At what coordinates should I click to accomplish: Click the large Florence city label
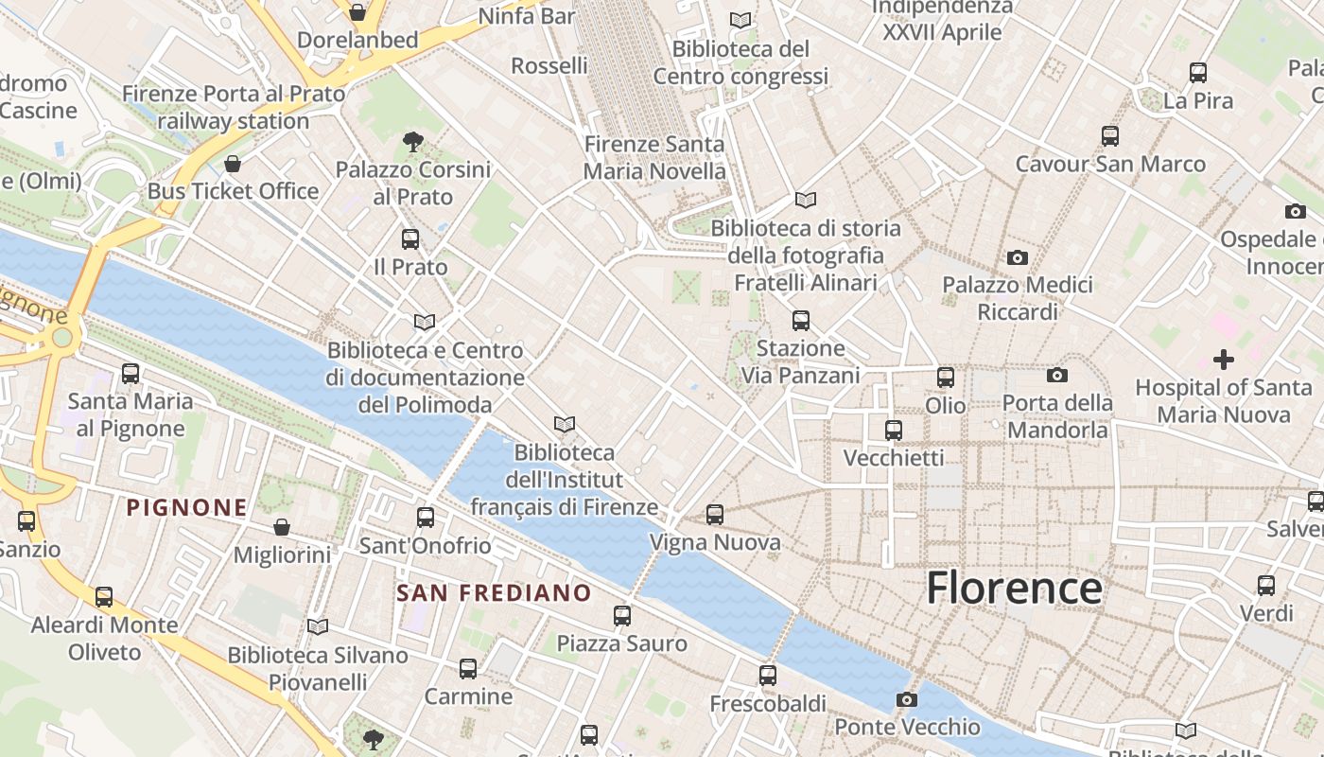[1014, 588]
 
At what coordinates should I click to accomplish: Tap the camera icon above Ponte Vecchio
[907, 700]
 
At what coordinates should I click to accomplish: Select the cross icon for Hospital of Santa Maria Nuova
[1224, 360]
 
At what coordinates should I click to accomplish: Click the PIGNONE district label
[187, 508]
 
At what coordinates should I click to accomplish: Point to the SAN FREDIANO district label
[494, 593]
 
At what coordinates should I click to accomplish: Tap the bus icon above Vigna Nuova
[715, 515]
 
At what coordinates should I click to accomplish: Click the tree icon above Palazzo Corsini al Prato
[412, 143]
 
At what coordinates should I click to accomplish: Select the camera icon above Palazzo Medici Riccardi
[1018, 257]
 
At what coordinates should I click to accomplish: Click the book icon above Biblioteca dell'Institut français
[565, 425]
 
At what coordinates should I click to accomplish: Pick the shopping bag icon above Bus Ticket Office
[233, 165]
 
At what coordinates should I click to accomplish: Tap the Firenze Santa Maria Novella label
[654, 158]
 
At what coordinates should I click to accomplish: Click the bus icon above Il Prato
[410, 239]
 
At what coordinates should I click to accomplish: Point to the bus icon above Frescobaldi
[768, 676]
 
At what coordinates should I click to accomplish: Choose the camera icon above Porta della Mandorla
[1057, 376]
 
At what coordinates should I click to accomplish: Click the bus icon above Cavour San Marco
[1110, 136]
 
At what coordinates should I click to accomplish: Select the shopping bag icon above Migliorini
[281, 527]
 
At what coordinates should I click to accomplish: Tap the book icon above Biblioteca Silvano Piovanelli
[318, 626]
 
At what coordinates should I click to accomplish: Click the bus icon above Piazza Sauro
[622, 616]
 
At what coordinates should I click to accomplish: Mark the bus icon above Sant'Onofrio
[426, 518]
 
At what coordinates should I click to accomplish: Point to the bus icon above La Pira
[1198, 73]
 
